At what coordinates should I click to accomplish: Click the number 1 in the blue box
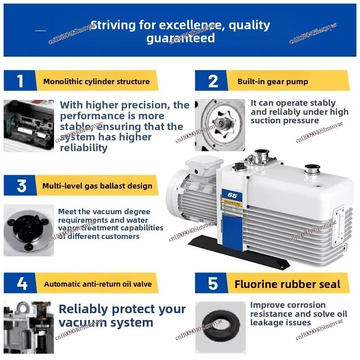20,81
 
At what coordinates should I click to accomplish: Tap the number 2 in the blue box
213,81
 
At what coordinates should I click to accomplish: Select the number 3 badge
21,185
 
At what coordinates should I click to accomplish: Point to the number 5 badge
213,284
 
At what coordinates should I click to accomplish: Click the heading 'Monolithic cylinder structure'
96,81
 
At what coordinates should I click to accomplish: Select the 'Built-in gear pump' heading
273,81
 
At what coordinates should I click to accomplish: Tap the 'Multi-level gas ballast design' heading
97,186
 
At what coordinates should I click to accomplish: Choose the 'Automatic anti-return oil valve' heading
98,284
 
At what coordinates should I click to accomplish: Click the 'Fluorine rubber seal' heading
288,284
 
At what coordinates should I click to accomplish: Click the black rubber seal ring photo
220,327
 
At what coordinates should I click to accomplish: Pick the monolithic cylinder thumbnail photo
29,126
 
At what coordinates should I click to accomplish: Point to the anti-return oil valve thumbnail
29,327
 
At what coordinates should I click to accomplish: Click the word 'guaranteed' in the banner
180,39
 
